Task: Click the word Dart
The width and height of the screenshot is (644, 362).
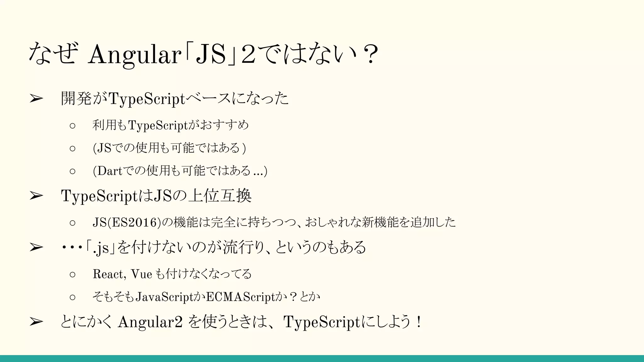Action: coord(110,171)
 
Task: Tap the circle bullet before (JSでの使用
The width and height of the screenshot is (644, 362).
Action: coord(73,148)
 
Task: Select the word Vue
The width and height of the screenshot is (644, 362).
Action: coord(142,274)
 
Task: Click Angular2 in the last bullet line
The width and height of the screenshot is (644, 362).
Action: coord(150,322)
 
